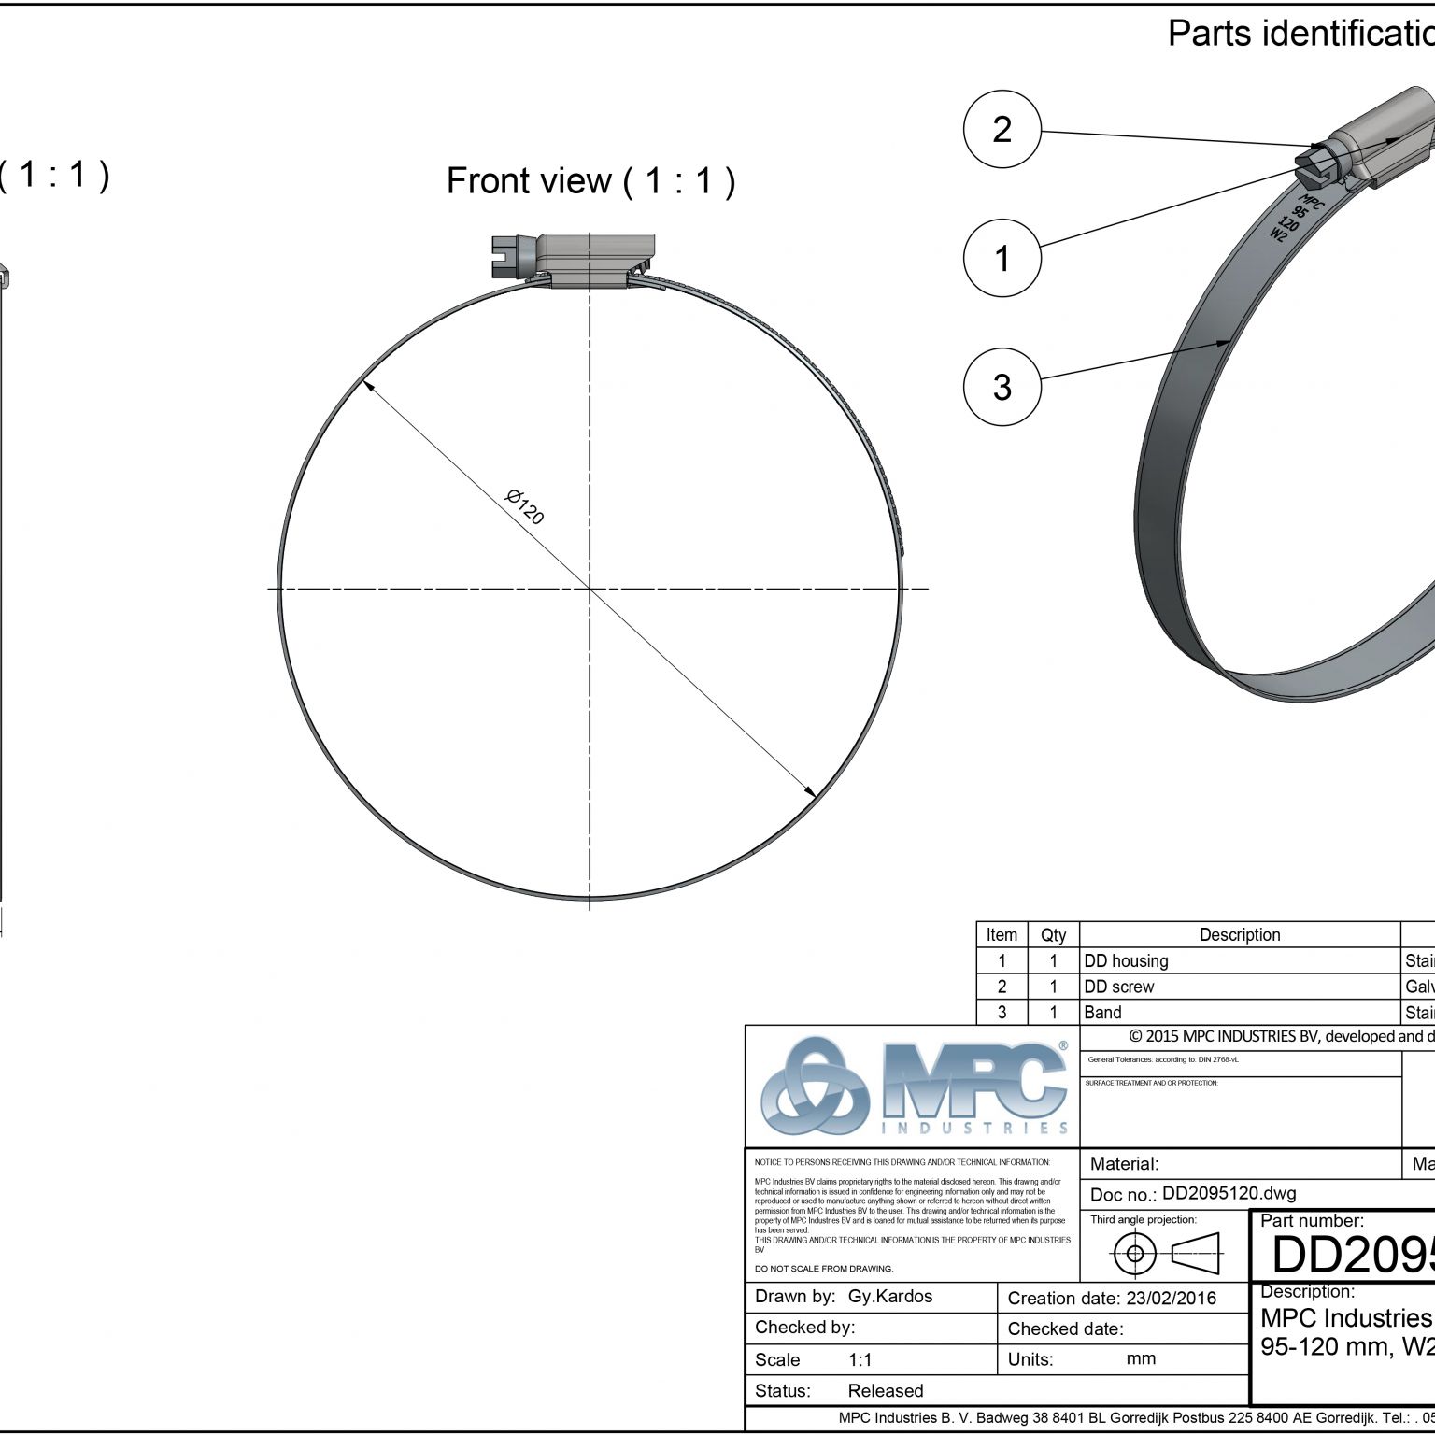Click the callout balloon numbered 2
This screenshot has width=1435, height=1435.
(x=1002, y=129)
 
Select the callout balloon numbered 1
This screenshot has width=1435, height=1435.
(x=1002, y=258)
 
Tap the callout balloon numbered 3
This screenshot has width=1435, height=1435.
(x=1002, y=386)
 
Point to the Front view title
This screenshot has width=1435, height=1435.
(x=590, y=180)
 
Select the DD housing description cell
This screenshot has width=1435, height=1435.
(x=1126, y=960)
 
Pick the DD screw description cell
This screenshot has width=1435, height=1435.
(x=1119, y=987)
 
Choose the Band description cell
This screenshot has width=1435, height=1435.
(x=1102, y=1012)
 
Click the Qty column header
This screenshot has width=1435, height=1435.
(x=1053, y=934)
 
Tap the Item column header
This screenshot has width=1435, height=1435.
(x=1002, y=934)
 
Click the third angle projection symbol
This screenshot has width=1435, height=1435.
(x=1167, y=1253)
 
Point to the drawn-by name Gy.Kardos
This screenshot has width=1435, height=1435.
(x=889, y=1296)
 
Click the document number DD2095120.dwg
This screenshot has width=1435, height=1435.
(x=1229, y=1193)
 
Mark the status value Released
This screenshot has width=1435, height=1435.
(x=885, y=1390)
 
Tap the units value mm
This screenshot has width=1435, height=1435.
(x=1141, y=1358)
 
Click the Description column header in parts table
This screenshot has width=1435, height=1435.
(x=1240, y=934)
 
